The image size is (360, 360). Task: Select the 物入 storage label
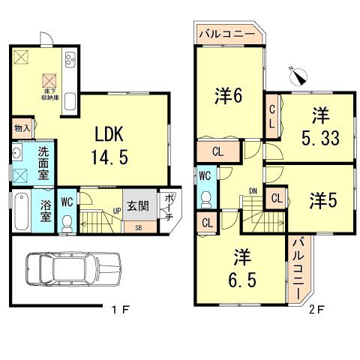(x=21, y=128)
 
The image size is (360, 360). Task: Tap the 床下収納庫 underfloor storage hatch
(x=50, y=79)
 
